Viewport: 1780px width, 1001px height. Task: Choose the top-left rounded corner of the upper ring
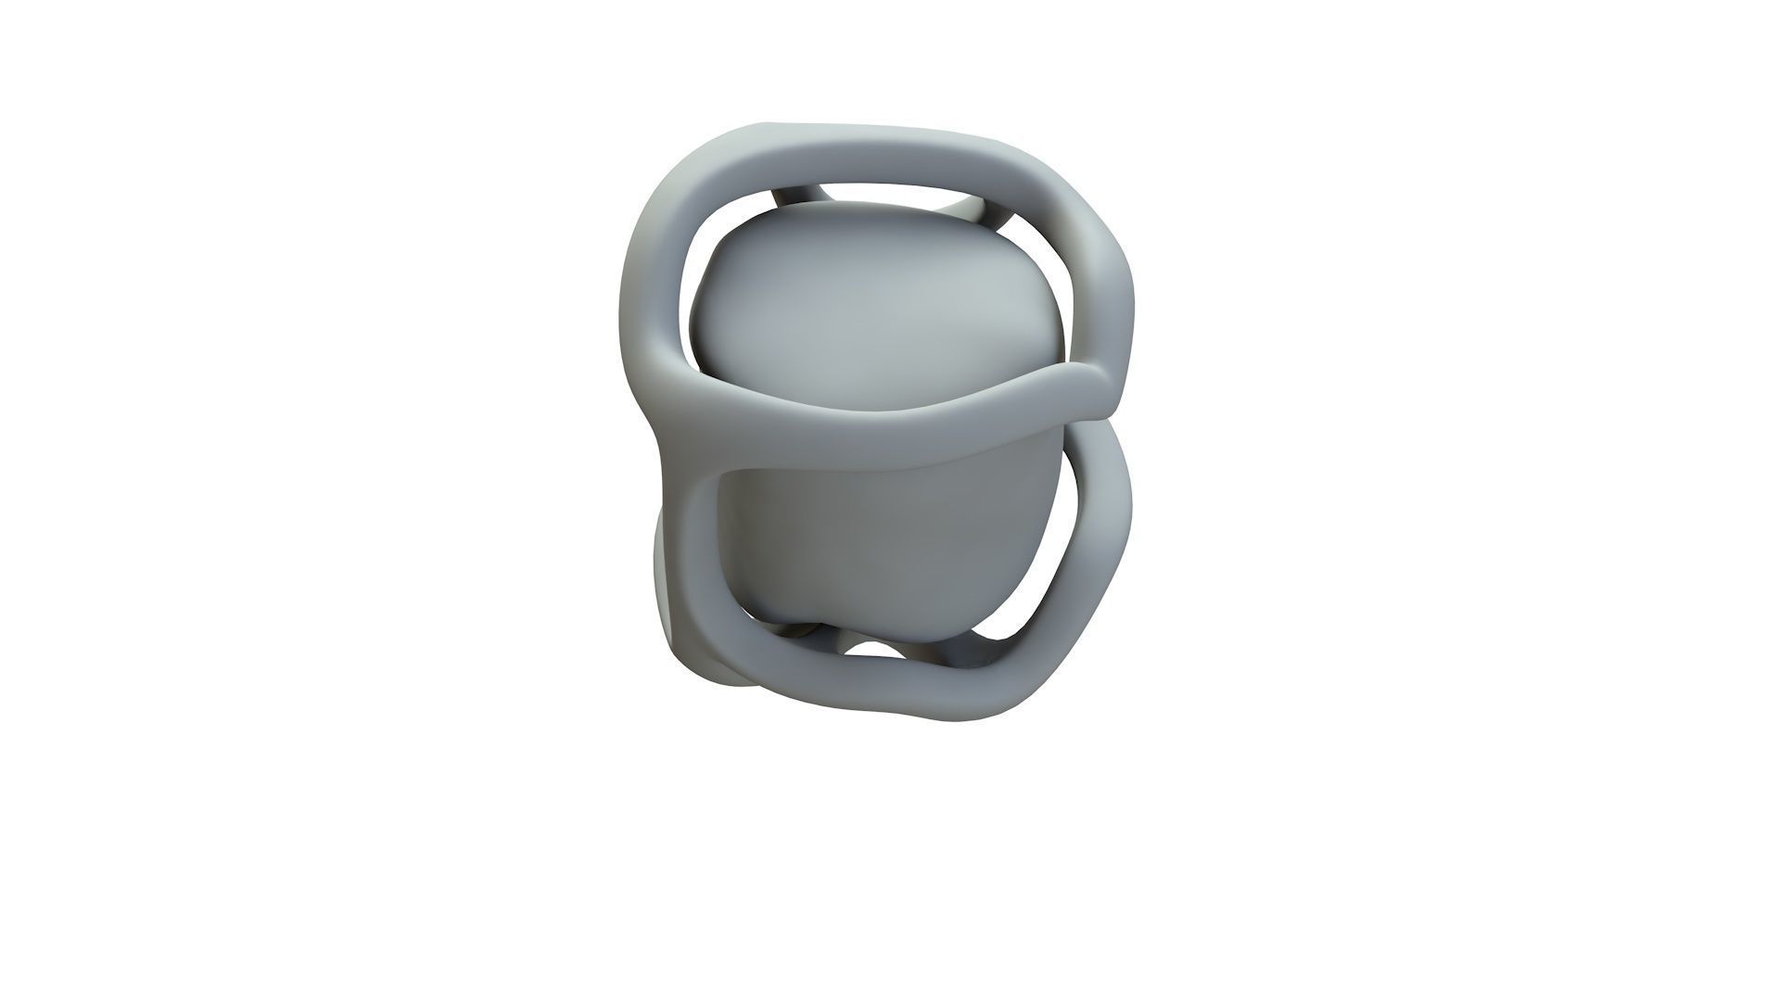(677, 176)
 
